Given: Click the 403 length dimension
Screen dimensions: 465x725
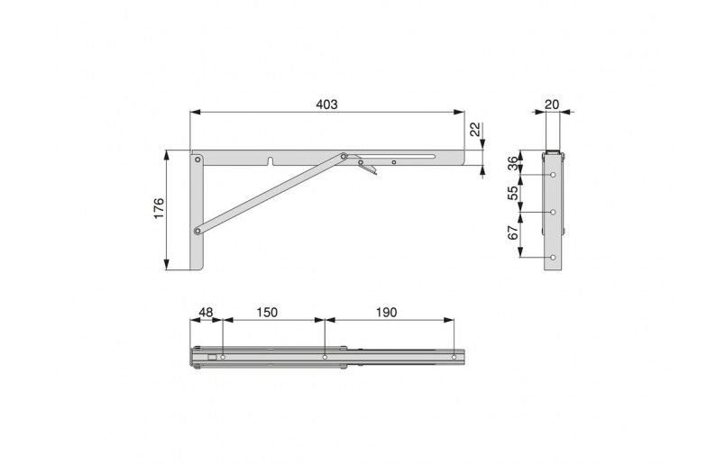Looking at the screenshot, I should [x=326, y=105].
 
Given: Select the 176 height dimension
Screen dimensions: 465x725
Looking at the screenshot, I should [x=158, y=211].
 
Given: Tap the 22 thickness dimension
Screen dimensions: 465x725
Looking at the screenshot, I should [x=475, y=134].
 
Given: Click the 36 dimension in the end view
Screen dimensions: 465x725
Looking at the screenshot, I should [x=513, y=163].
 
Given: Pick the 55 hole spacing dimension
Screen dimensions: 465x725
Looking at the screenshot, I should [x=513, y=194].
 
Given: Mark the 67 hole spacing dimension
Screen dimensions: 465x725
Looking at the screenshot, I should [x=513, y=234].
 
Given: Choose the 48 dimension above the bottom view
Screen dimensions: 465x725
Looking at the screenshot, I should [x=206, y=312].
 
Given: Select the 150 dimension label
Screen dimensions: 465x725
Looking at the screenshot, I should [x=266, y=312].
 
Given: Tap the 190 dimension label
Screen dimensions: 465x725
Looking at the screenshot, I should [x=385, y=312].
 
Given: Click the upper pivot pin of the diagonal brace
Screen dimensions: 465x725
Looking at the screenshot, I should [x=344, y=155].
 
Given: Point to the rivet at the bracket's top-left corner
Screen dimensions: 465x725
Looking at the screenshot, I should [x=197, y=160].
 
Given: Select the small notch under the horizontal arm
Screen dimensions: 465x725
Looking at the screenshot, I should [x=271, y=163].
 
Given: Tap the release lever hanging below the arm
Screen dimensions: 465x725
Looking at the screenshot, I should [x=366, y=167].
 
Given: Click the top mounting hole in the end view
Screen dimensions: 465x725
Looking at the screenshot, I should [x=553, y=176].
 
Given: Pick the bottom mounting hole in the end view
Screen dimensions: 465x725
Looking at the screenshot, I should [x=553, y=259].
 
